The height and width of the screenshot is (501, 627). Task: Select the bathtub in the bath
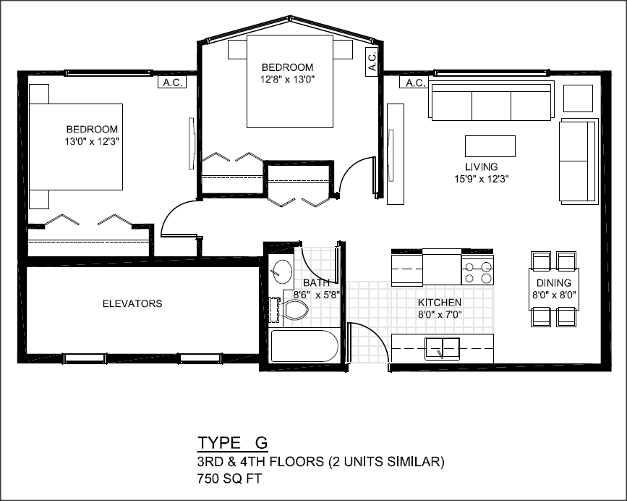click(304, 346)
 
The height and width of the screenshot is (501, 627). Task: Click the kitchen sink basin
click(442, 348)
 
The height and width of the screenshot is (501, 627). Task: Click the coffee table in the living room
click(490, 146)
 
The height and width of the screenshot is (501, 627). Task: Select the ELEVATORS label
click(132, 304)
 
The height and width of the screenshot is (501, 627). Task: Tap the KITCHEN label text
click(440, 303)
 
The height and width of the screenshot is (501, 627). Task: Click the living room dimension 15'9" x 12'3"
click(481, 179)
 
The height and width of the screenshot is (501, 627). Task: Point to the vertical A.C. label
click(372, 62)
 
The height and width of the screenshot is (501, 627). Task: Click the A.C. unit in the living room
click(414, 83)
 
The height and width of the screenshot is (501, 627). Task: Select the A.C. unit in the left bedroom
click(172, 83)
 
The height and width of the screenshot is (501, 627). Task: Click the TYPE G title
click(232, 443)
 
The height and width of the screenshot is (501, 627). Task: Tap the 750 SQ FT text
click(229, 479)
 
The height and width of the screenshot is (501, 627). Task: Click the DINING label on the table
click(554, 283)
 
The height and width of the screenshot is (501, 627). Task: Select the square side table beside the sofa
click(578, 98)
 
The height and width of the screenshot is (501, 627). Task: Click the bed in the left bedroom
click(76, 146)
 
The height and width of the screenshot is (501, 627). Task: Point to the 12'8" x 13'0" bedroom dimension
click(288, 79)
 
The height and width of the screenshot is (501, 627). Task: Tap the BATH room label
click(316, 283)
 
